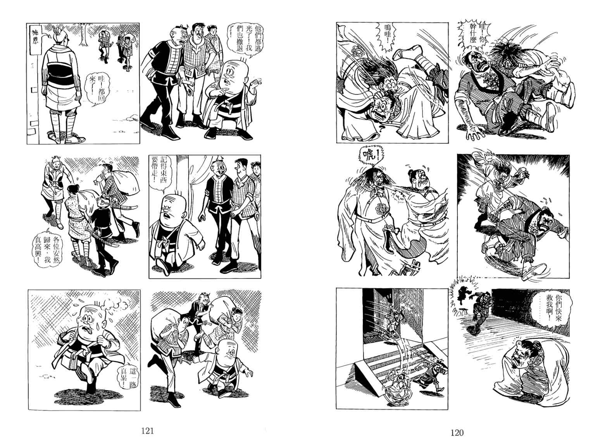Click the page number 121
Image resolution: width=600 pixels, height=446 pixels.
click(147, 431)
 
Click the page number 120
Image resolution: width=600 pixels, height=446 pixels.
click(457, 433)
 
